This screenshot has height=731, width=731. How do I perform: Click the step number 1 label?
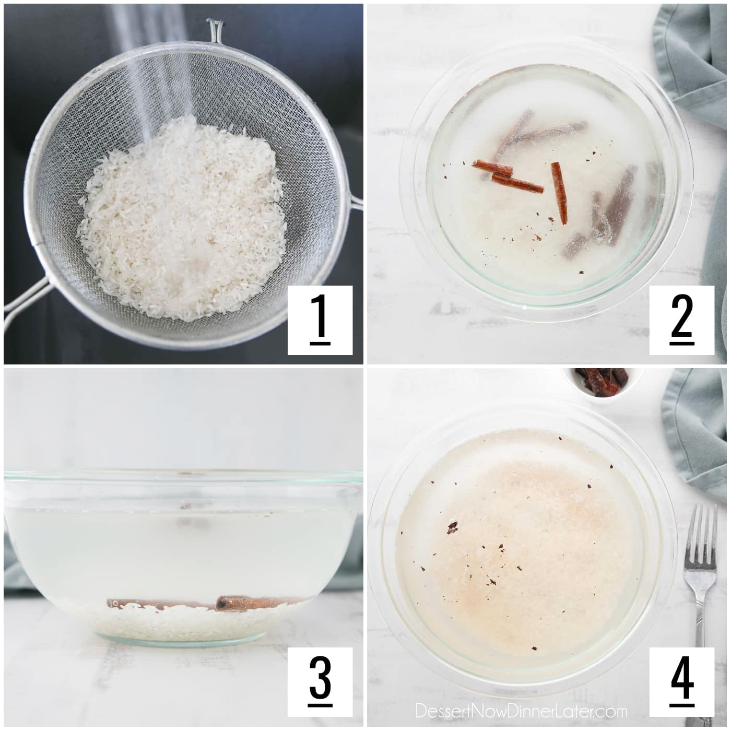point(320,320)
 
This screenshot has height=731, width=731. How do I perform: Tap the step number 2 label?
point(681,320)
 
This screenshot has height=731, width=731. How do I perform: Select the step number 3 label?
point(320,681)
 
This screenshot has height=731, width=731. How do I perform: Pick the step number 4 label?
point(681,681)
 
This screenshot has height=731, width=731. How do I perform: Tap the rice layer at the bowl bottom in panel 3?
point(183,624)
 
